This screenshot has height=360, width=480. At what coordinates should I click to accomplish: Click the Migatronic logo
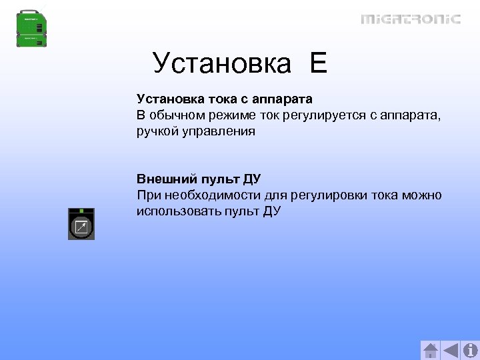point(411,19)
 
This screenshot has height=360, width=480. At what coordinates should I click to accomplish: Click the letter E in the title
point(318,64)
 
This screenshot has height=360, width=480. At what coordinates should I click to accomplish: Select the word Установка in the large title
point(222,64)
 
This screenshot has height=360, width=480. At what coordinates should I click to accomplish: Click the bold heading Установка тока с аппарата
point(225,99)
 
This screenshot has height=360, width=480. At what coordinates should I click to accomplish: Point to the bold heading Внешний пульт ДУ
point(199,179)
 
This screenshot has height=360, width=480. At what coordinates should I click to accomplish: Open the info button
point(470,350)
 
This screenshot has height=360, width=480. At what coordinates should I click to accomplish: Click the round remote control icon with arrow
point(81,227)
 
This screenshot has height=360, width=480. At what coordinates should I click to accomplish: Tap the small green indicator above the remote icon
point(81,211)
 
